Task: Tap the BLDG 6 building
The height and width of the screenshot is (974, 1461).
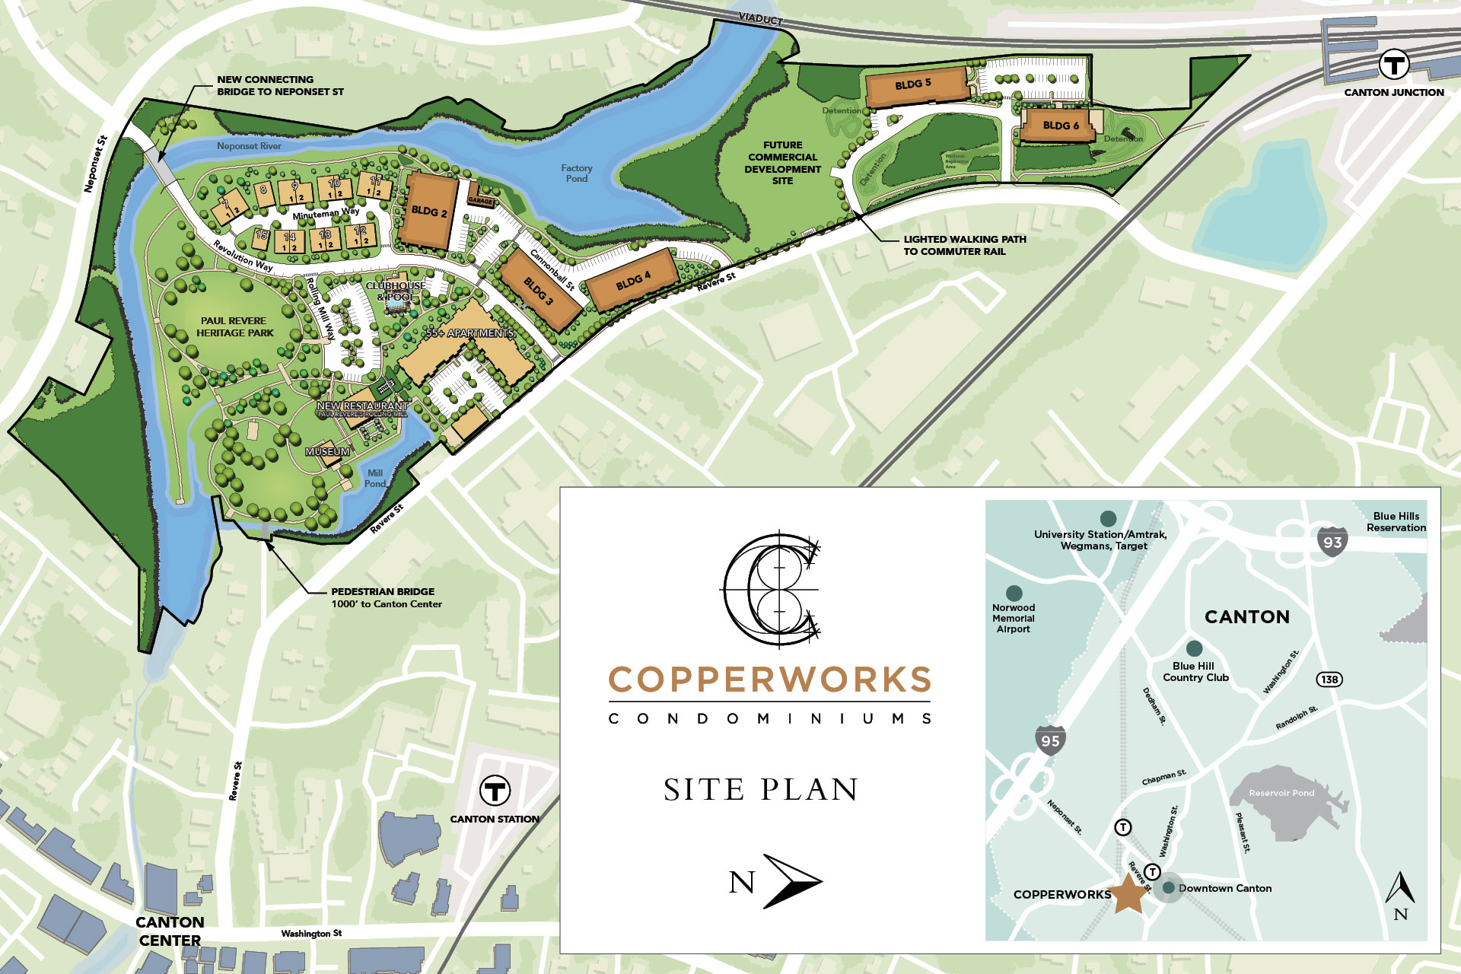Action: [x=1060, y=125]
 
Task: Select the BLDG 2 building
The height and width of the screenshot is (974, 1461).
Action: [x=429, y=211]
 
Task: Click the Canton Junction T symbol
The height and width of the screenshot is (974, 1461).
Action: [x=1394, y=65]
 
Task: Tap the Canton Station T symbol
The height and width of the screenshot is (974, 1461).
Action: [x=495, y=791]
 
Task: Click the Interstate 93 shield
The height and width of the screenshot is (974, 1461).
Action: [x=1332, y=542]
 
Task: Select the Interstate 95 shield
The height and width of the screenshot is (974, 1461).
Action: [x=1050, y=740]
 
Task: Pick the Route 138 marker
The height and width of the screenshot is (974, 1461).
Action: [x=1329, y=679]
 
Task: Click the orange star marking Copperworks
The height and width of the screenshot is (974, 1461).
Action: [x=1128, y=893]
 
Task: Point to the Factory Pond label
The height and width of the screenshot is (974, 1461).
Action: [x=577, y=173]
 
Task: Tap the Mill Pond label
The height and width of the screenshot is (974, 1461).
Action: [x=375, y=478]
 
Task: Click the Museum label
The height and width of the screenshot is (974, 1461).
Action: [x=327, y=452]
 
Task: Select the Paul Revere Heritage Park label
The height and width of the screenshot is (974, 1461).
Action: [x=234, y=326]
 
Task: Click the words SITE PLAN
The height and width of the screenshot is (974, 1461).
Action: [x=761, y=790]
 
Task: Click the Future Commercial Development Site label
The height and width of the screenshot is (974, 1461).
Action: [x=782, y=163]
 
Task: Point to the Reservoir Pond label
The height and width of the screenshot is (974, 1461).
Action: [x=1281, y=793]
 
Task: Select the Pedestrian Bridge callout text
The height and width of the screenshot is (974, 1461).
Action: [x=386, y=597]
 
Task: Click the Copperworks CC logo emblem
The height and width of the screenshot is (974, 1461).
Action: [x=771, y=588]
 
